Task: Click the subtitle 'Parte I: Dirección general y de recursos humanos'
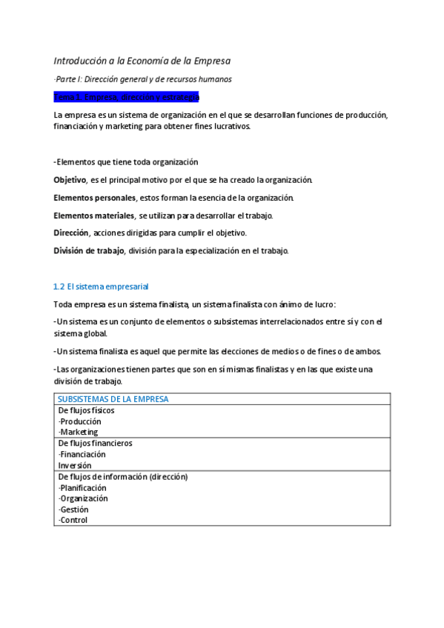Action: [x=143, y=79]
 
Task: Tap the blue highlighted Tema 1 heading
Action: [x=126, y=97]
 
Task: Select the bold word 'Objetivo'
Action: [x=70, y=180]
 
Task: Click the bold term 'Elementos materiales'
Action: [x=93, y=216]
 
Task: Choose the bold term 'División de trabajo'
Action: [x=89, y=250]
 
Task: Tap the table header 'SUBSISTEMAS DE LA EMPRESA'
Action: [x=113, y=399]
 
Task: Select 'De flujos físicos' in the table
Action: [x=86, y=410]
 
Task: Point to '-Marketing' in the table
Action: [x=78, y=432]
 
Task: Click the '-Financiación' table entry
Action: [x=82, y=454]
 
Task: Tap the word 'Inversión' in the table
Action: [x=75, y=465]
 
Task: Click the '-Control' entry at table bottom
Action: [x=73, y=520]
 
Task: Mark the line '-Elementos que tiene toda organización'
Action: [x=126, y=162]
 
